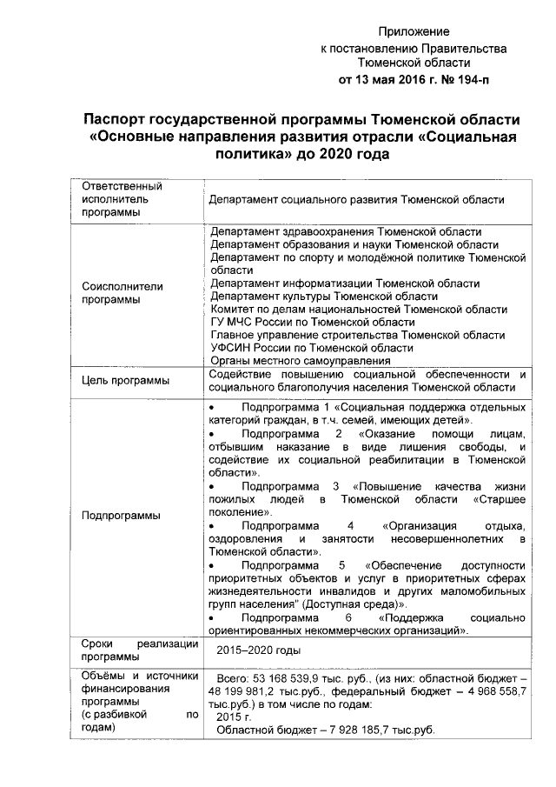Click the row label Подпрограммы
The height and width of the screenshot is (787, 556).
coord(121,515)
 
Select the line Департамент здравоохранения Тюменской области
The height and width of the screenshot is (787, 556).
coord(346,232)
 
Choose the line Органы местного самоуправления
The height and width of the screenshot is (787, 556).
coord(300,360)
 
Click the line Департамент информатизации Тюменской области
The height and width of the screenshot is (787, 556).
coord(345,283)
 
